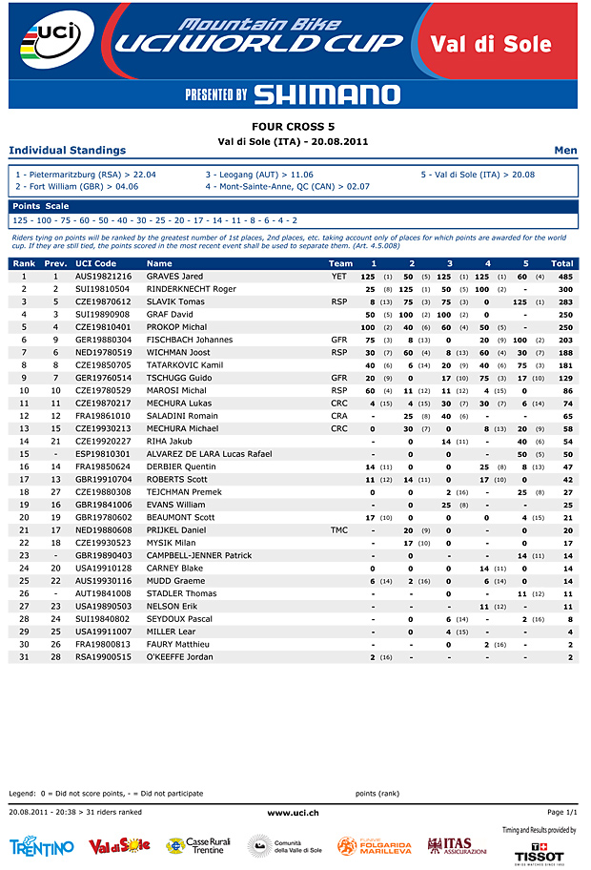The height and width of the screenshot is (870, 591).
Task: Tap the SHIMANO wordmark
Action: (x=327, y=94)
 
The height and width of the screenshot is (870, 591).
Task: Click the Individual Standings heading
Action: (x=67, y=150)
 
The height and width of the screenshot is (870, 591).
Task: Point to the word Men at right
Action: (x=565, y=150)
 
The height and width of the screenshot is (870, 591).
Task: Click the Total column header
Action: (x=562, y=263)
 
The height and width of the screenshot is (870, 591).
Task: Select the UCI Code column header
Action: (x=96, y=263)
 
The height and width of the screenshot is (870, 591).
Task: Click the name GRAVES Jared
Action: (x=174, y=277)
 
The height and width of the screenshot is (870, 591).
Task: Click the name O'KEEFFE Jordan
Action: (x=181, y=657)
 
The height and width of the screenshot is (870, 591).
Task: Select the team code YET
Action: (x=338, y=277)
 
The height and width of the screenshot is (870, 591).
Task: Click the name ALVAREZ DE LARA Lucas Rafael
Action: (x=209, y=454)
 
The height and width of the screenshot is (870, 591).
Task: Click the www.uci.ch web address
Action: (x=294, y=812)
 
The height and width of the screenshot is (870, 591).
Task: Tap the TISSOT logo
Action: (x=539, y=853)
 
